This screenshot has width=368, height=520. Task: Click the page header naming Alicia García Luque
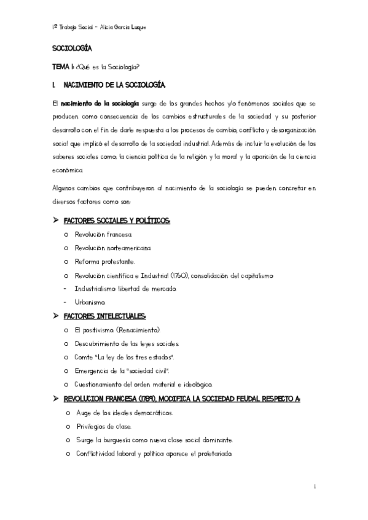click(99, 28)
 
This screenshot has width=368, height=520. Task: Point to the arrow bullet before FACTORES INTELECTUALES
click(56, 316)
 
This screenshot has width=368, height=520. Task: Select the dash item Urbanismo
click(90, 302)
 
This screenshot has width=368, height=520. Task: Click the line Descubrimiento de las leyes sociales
click(127, 343)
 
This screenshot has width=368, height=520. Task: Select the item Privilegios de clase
click(104, 426)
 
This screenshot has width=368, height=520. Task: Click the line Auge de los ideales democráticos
click(125, 413)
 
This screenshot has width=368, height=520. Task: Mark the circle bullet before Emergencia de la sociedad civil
click(66, 371)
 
